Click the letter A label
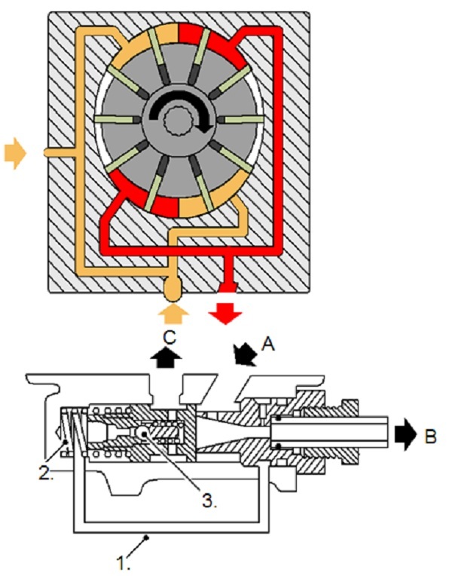coord(268,345)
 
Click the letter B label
coord(431,437)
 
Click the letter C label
coord(169,338)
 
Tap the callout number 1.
coord(124,564)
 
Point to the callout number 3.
coord(209,501)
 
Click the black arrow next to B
coord(406,434)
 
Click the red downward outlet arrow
coord(225,314)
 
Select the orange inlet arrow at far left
coord(15,153)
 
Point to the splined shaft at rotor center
coord(179,119)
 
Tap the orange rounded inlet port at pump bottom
coord(173,288)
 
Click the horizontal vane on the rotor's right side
coord(240,119)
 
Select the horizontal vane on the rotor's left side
coord(118,119)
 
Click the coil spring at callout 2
coord(73,432)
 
